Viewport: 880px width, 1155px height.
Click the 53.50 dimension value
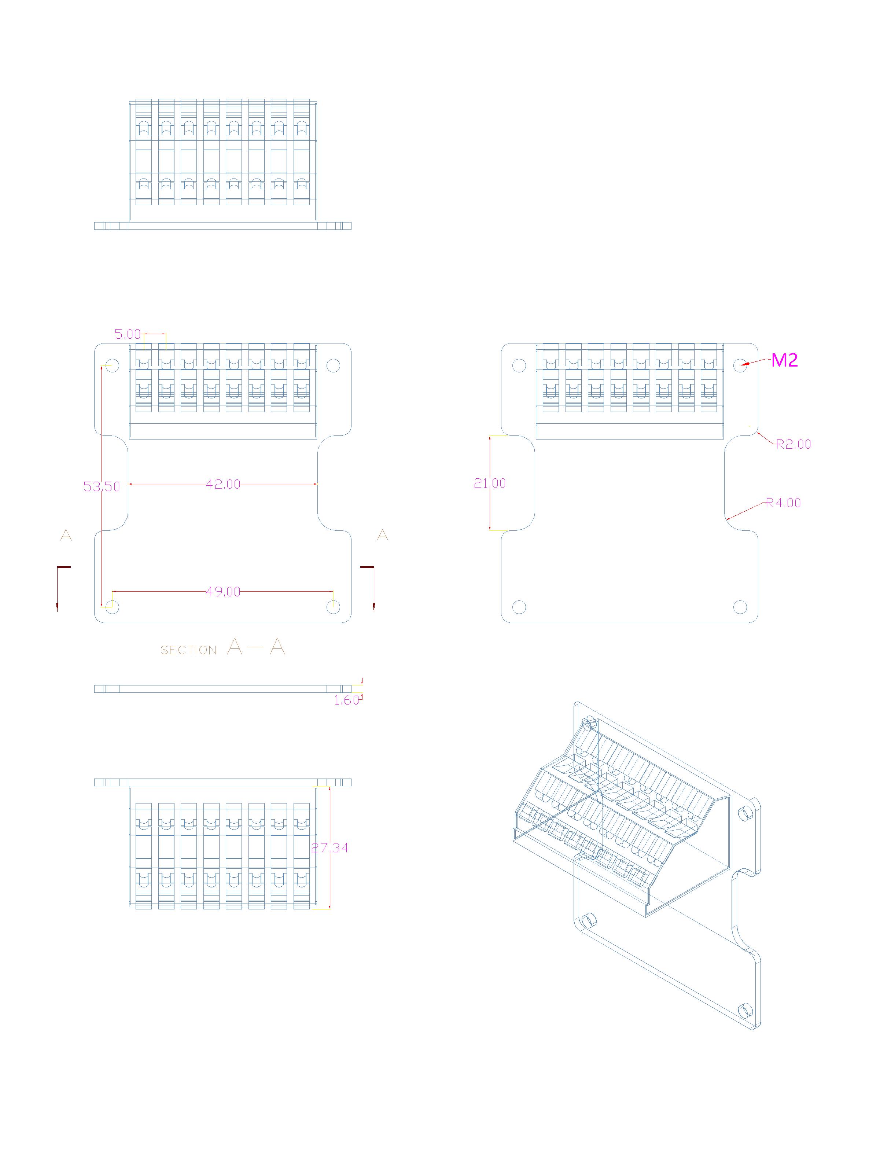pyautogui.click(x=102, y=487)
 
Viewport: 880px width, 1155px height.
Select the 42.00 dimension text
pyautogui.click(x=223, y=485)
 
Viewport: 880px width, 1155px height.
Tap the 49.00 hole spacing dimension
pyautogui.click(x=223, y=592)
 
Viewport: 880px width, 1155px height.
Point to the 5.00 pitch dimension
pyautogui.click(x=128, y=334)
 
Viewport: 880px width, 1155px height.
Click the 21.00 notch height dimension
pyautogui.click(x=490, y=483)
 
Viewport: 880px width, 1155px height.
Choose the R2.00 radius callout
pyautogui.click(x=793, y=444)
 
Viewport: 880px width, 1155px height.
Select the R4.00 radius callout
pyautogui.click(x=783, y=503)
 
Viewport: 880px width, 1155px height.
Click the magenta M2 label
pyautogui.click(x=785, y=360)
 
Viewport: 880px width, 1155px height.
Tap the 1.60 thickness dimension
pyautogui.click(x=347, y=700)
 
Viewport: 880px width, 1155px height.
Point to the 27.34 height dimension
pyautogui.click(x=330, y=847)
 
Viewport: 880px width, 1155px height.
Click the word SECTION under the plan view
pyautogui.click(x=188, y=651)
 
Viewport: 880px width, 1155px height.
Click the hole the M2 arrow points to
pyautogui.click(x=740, y=365)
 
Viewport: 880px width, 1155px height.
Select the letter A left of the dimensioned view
pyautogui.click(x=66, y=535)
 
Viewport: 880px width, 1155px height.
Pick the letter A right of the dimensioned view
pyautogui.click(x=383, y=535)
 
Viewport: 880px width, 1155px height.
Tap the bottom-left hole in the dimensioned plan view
pyautogui.click(x=112, y=607)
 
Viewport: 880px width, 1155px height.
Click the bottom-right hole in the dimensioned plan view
pyautogui.click(x=333, y=607)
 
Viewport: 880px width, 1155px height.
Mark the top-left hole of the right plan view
pyautogui.click(x=519, y=365)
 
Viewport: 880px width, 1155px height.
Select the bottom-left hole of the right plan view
pyautogui.click(x=519, y=607)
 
